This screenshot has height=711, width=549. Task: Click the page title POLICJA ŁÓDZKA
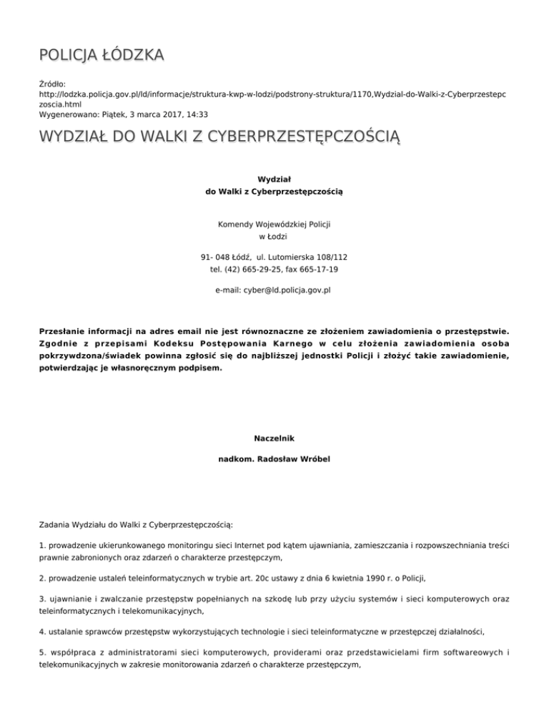pos(102,55)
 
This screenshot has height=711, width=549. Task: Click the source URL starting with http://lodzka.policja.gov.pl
pos(264,94)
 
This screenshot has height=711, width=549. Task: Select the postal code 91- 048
pos(217,257)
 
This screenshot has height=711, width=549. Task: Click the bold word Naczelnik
pos(274,437)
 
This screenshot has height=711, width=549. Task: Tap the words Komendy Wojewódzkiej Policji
pos(274,225)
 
